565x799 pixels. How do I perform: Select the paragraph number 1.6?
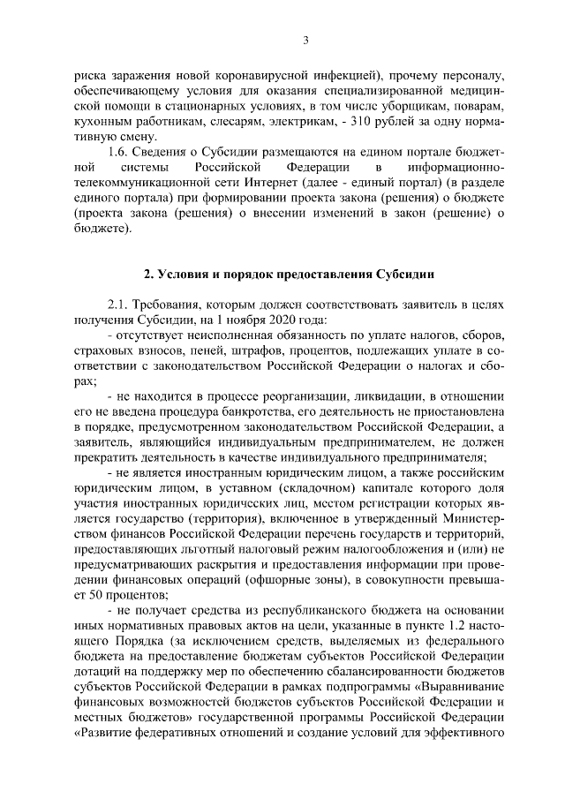(117, 151)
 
